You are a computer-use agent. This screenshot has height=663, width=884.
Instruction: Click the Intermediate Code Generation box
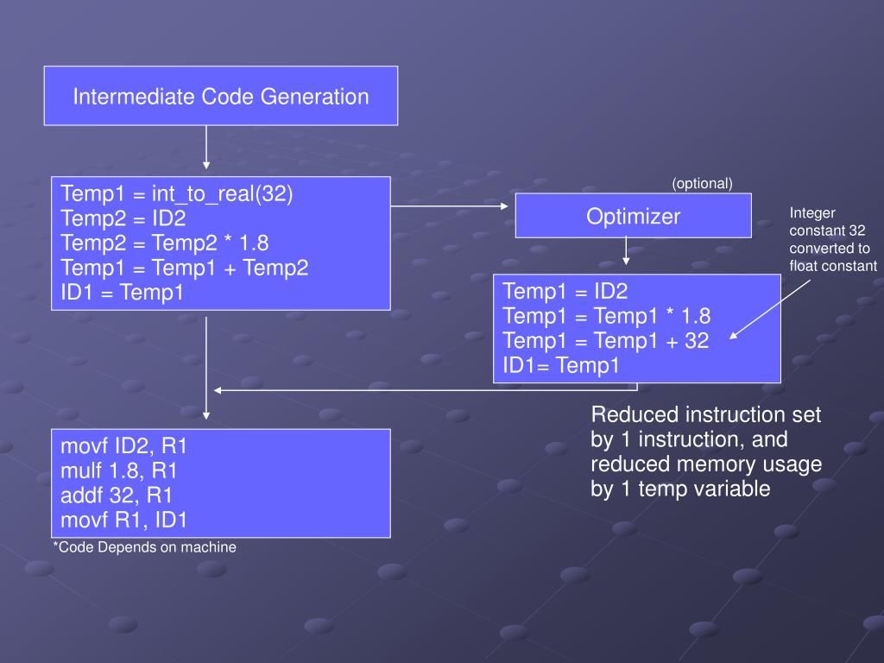(x=220, y=96)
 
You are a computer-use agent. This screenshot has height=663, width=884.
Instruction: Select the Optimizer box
(x=633, y=216)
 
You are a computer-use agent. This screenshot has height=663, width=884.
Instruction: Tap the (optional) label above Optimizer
(x=702, y=183)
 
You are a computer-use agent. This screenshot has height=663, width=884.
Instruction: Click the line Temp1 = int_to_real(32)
(x=177, y=194)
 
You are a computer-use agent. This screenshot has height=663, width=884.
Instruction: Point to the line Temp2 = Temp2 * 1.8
(x=165, y=243)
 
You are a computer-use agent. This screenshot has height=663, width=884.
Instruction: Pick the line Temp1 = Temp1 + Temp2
(x=184, y=268)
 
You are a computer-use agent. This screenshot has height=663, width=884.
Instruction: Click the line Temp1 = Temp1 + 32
(x=605, y=341)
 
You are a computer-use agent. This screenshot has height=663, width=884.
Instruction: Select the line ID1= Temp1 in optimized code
(x=561, y=366)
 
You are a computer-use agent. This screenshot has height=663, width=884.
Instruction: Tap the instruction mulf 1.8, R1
(x=119, y=471)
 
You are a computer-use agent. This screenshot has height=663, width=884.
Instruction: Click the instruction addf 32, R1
(x=117, y=496)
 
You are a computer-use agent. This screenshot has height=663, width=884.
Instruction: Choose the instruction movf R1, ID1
(x=124, y=520)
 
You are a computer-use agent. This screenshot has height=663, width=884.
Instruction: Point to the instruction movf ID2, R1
(x=124, y=447)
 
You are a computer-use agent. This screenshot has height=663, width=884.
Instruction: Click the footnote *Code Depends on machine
(x=144, y=547)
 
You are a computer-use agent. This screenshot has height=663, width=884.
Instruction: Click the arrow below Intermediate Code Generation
(x=206, y=147)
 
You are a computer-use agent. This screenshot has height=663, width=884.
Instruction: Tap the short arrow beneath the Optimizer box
(x=627, y=251)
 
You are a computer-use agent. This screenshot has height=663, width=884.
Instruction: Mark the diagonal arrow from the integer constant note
(x=770, y=308)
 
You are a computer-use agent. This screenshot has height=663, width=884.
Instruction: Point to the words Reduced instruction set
(x=705, y=415)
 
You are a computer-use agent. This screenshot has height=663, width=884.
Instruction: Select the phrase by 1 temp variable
(x=680, y=489)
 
